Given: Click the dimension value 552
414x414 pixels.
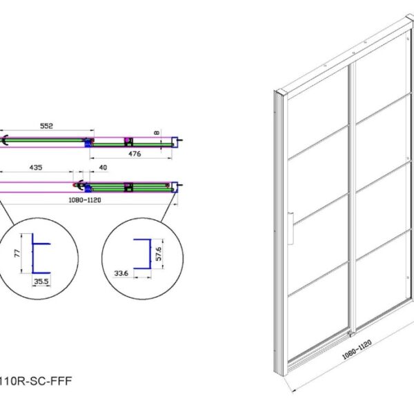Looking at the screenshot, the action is pos(46,126).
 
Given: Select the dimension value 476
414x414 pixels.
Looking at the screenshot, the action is pos(135,154).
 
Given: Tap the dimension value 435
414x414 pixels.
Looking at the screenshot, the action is pos(36,168).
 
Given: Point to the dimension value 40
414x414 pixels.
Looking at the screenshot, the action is pos(103,168).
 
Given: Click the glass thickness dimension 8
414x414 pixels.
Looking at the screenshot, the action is pos(157,132).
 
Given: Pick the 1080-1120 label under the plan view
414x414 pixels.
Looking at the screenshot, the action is pos(85,200).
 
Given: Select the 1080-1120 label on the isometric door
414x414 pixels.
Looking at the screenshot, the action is pos(357,350).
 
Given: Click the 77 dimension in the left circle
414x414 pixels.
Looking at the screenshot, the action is pos(17,254).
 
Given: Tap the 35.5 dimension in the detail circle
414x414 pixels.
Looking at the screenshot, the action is pos(41,282).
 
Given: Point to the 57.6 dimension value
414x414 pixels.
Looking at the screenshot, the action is pos(159,254).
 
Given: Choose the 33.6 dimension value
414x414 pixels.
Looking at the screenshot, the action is pos(121,273).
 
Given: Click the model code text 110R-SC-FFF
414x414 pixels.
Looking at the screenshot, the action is pos(36,381).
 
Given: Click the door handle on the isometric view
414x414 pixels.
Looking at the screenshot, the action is pos(290,228).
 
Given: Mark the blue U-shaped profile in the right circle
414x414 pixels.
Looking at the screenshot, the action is pos(142,254).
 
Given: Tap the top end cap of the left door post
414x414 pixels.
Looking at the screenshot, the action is pos(280,93).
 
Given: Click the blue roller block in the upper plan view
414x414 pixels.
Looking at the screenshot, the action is pos(88,143).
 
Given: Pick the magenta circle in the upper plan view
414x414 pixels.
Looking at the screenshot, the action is pos(127,139).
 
